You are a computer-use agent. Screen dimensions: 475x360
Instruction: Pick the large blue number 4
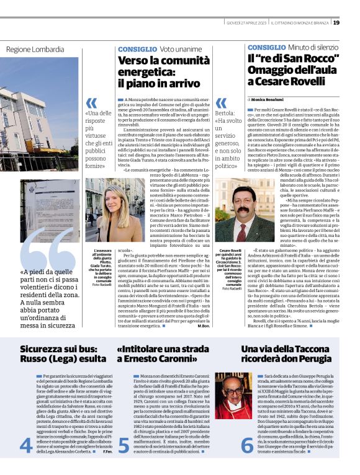click(x=26, y=444)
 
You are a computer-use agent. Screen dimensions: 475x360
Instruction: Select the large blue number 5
click(x=124, y=444)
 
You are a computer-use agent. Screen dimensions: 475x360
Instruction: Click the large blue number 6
click(x=247, y=444)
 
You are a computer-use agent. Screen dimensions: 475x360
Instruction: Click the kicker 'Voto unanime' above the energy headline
click(x=180, y=48)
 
